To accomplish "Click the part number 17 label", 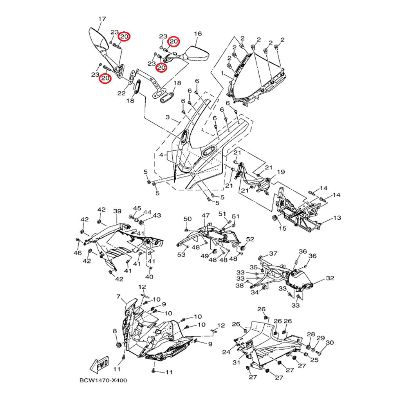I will click(x=102, y=19).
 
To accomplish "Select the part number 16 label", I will click(x=198, y=34).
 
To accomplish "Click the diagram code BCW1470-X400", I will click(x=103, y=380).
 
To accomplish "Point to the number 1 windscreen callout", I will click(x=222, y=73).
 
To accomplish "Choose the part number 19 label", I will click(x=281, y=172).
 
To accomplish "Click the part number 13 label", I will click(x=337, y=218).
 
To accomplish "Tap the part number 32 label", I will click(x=330, y=278).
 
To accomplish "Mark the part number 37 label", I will click(x=273, y=253).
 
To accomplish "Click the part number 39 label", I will click(x=117, y=211).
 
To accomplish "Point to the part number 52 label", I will click(x=250, y=239).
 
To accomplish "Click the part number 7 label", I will click(x=118, y=297).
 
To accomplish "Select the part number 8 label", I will click(x=115, y=331).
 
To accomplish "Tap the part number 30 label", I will click(x=329, y=343).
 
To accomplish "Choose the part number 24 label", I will click(x=226, y=352).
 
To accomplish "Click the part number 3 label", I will click(x=168, y=117).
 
